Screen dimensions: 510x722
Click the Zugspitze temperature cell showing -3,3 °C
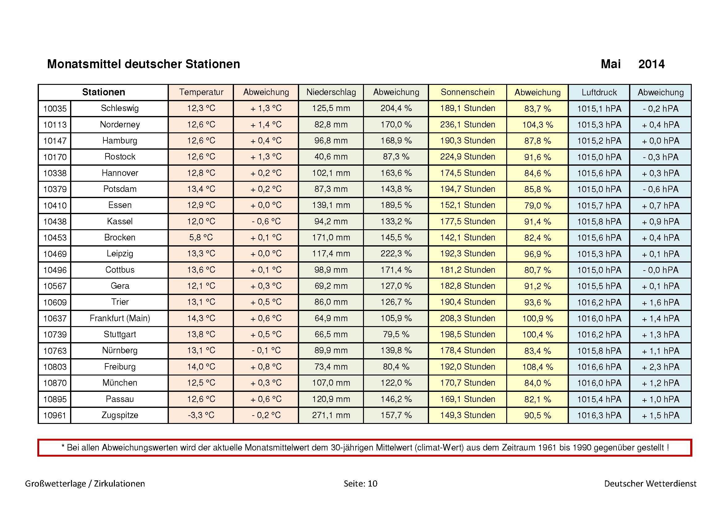click(x=201, y=415)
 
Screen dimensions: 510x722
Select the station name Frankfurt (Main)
click(x=120, y=318)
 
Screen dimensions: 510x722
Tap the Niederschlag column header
click(x=331, y=92)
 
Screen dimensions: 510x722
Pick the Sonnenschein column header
click(x=468, y=92)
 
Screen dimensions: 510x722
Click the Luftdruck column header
click(x=599, y=92)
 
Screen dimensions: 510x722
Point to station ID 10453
click(x=55, y=238)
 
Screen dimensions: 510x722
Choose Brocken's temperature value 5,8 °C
click(x=201, y=238)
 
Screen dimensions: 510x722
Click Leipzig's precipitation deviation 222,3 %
click(x=396, y=254)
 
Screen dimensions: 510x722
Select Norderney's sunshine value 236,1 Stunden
click(x=468, y=124)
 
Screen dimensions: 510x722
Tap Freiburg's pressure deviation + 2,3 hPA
click(x=660, y=367)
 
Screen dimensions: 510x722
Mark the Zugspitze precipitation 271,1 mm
click(x=331, y=415)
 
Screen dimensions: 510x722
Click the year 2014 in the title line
click(x=651, y=64)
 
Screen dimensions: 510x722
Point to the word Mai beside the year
click(x=610, y=64)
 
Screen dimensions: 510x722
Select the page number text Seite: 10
click(x=360, y=483)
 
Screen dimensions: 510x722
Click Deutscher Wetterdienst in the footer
click(x=650, y=483)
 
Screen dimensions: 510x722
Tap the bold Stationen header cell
click(x=103, y=92)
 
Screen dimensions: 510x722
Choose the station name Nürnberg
click(x=120, y=350)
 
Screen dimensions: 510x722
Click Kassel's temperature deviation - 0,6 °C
click(x=266, y=222)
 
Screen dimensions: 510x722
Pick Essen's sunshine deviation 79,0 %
click(x=537, y=205)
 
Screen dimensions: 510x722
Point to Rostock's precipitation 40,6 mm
click(x=331, y=157)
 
